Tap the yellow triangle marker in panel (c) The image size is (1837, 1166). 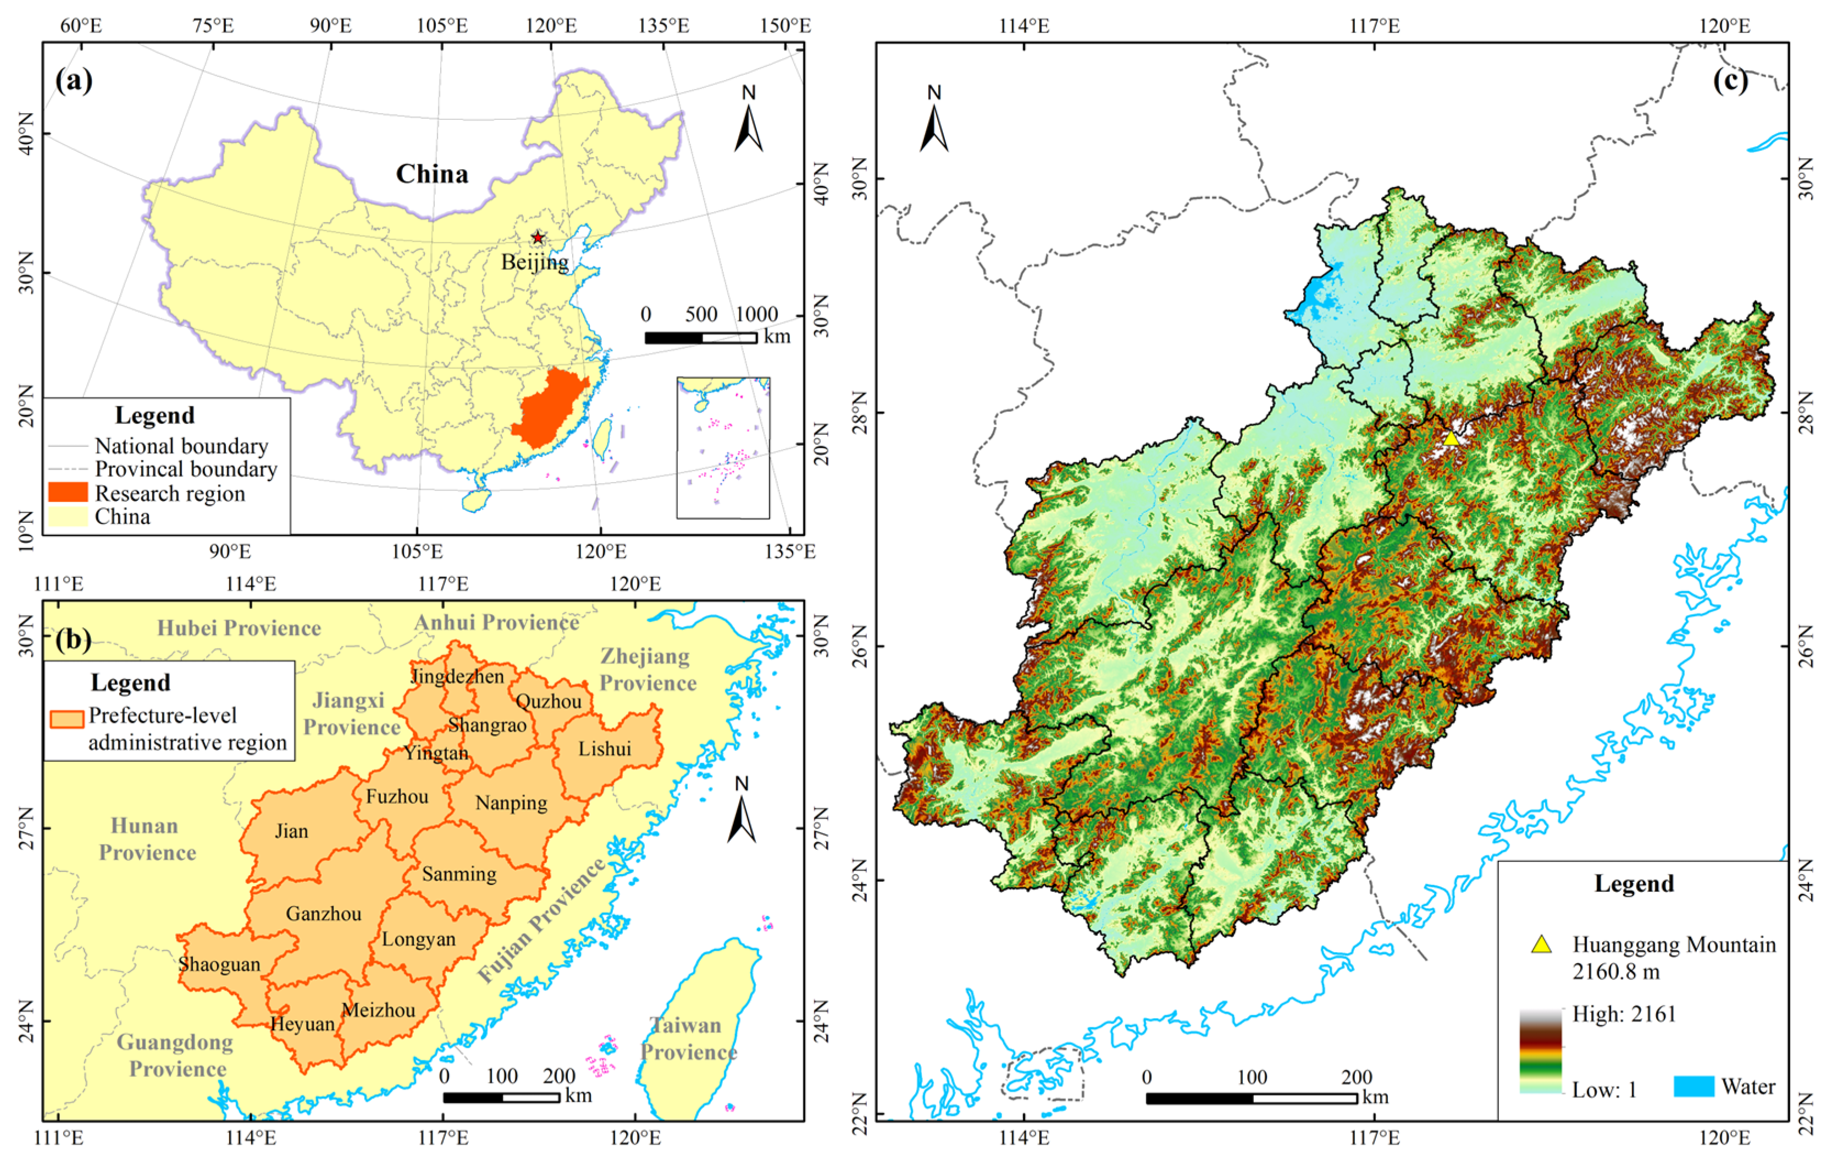pyautogui.click(x=1451, y=439)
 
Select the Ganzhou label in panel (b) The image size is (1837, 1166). pyautogui.click(x=323, y=914)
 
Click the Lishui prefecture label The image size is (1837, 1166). pyautogui.click(x=604, y=749)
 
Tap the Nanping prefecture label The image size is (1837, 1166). pyautogui.click(x=511, y=803)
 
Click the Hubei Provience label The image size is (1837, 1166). pyautogui.click(x=239, y=628)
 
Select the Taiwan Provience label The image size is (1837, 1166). pyautogui.click(x=688, y=1038)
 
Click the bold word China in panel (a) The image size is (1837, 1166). pyautogui.click(x=432, y=174)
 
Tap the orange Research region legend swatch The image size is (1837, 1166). pyautogui.click(x=68, y=492)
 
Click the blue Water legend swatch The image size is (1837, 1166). pyautogui.click(x=1694, y=1086)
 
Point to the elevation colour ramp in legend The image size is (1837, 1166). pyautogui.click(x=1540, y=1052)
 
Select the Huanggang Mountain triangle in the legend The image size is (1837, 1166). pyautogui.click(x=1542, y=944)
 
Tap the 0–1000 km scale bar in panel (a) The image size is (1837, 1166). pyautogui.click(x=700, y=338)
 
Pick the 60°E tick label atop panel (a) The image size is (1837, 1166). pyautogui.click(x=80, y=26)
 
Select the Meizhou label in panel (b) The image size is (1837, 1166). pyautogui.click(x=378, y=1010)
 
